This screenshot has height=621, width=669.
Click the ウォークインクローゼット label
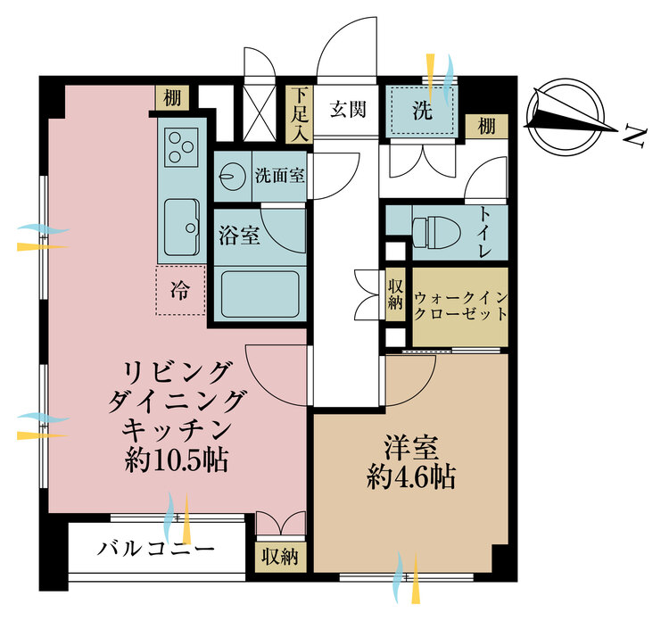(x=460, y=306)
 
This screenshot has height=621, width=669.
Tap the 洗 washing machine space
(x=422, y=113)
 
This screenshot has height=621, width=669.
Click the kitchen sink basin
(x=182, y=228)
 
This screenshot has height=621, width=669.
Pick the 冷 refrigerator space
(x=180, y=291)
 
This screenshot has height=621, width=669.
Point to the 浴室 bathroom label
(x=239, y=236)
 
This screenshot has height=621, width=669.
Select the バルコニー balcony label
(x=157, y=548)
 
